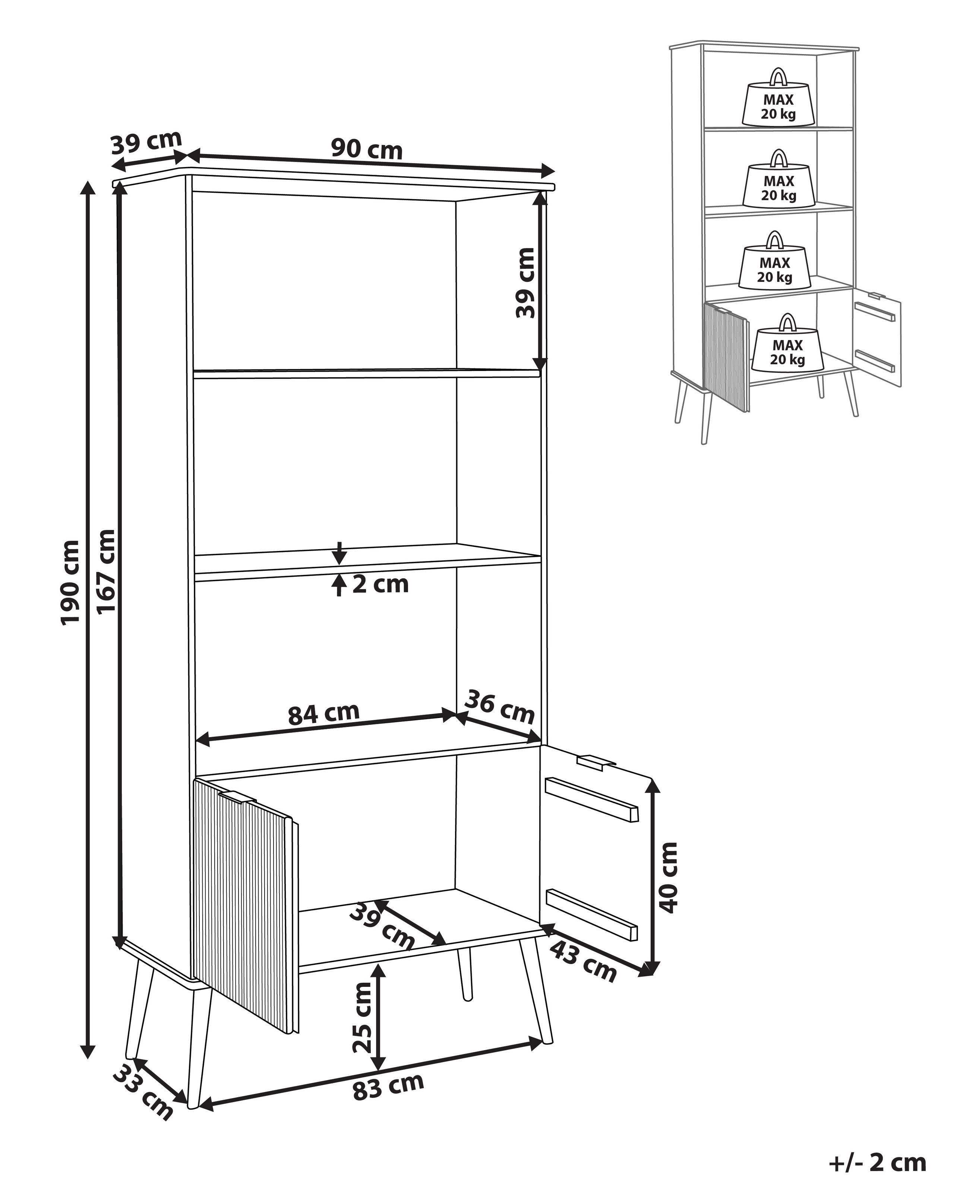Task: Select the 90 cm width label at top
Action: click(367, 149)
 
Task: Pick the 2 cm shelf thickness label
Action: click(380, 584)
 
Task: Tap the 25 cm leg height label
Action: click(363, 1017)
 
